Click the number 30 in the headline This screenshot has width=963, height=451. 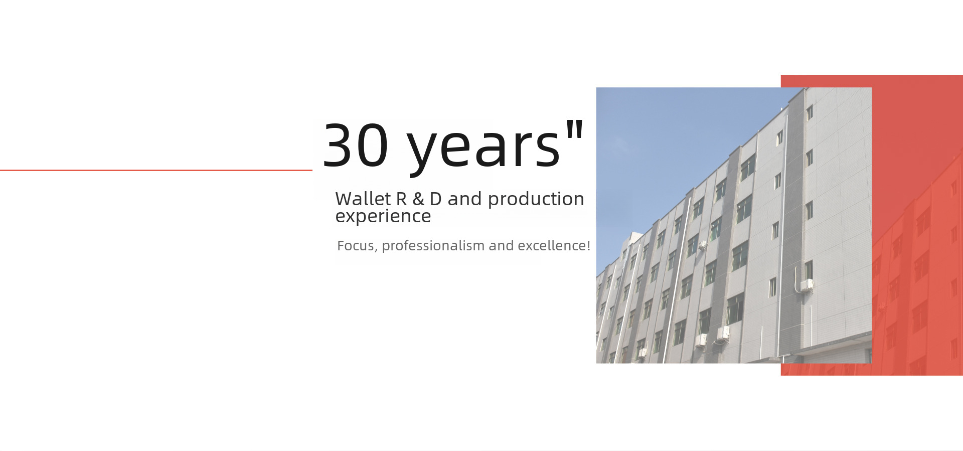356,145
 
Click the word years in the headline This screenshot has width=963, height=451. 484,148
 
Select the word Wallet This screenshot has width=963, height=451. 363,199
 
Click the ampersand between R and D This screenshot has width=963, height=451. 418,199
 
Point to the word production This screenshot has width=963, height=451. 536,200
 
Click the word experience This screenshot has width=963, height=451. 383,217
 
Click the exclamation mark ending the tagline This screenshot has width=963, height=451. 588,246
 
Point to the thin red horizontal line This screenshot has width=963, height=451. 156,171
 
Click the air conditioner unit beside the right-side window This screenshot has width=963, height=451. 807,285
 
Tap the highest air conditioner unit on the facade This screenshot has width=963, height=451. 703,245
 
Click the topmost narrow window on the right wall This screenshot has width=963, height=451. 809,112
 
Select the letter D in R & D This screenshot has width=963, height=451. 435,199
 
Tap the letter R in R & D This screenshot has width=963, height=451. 401,199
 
